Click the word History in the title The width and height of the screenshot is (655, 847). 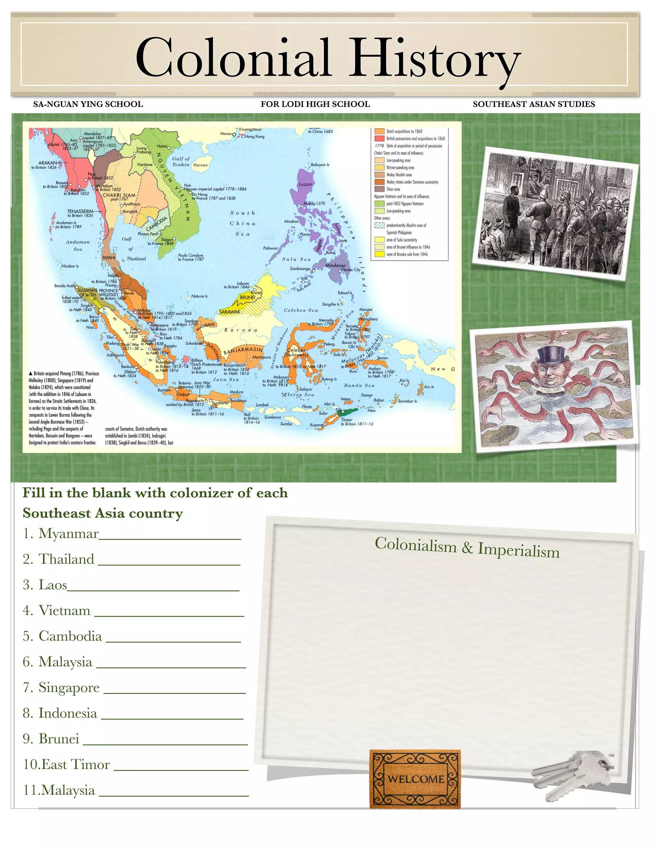click(435, 58)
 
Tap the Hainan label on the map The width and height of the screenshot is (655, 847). click(201, 165)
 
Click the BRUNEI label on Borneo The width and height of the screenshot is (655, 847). click(248, 298)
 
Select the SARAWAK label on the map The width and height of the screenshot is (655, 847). click(230, 311)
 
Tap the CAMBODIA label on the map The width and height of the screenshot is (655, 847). click(157, 223)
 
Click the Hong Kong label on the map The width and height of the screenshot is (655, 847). click(255, 136)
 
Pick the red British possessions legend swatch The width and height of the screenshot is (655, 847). click(379, 138)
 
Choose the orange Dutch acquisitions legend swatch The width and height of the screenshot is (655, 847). click(379, 131)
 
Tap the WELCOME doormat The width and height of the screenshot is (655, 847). click(415, 779)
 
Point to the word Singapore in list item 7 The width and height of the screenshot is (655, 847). click(69, 688)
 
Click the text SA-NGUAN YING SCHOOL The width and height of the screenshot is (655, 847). click(88, 104)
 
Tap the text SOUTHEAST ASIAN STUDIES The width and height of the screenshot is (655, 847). click(533, 104)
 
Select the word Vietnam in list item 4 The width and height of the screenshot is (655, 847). click(64, 611)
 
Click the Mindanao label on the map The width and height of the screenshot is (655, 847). click(335, 266)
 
